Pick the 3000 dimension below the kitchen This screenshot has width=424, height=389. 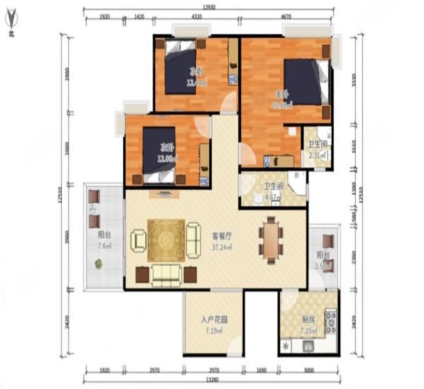tap(309, 369)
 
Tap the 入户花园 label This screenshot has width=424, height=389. tap(213, 320)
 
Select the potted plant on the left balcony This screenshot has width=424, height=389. tap(98, 264)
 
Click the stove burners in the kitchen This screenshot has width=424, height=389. tap(330, 323)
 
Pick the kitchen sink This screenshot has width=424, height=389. tap(309, 347)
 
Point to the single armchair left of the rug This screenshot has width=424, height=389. tap(139, 240)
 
